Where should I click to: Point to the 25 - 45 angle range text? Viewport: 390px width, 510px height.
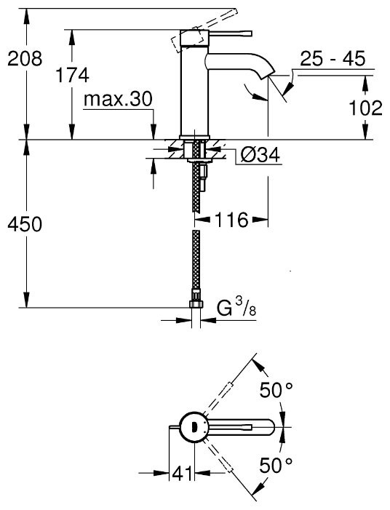coord(332,60)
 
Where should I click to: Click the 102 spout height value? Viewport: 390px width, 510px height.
coord(365,109)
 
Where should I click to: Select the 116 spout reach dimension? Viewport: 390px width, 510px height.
coord(231,219)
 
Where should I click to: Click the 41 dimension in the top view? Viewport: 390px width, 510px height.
coord(181,474)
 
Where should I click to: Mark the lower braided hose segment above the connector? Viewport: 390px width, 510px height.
coord(195,262)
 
